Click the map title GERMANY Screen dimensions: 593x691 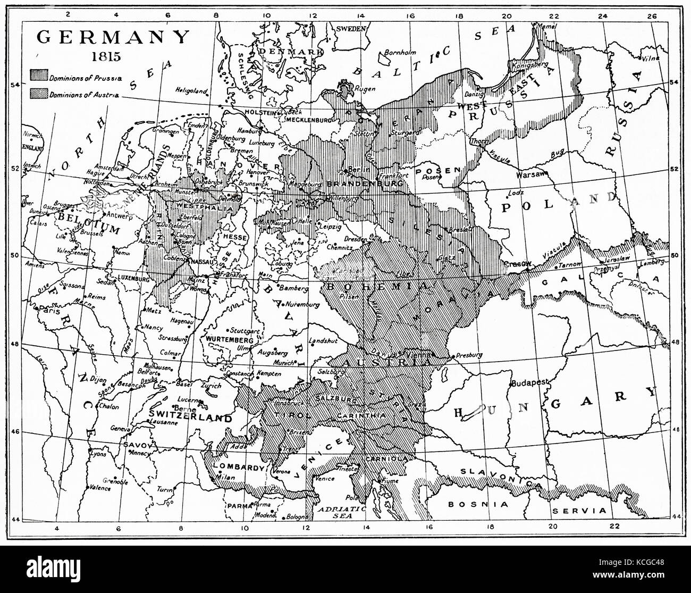(x=113, y=37)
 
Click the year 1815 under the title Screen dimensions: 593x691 (x=113, y=55)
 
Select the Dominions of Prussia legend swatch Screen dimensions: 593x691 (x=38, y=77)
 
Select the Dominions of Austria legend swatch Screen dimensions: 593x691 (x=38, y=95)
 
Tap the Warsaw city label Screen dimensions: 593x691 (x=529, y=174)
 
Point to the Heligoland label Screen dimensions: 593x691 (x=191, y=91)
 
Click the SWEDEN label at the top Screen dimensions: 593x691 (x=351, y=28)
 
